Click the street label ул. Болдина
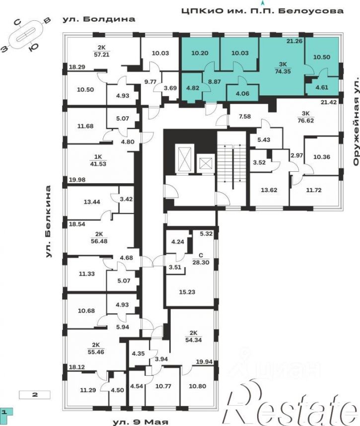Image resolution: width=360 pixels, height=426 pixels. (x=99, y=19)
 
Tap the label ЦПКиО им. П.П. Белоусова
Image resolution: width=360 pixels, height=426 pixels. (x=263, y=11)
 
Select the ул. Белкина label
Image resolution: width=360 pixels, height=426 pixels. (x=48, y=221)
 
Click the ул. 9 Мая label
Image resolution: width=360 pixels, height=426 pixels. (x=141, y=422)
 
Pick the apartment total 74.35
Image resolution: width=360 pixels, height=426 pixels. (x=283, y=71)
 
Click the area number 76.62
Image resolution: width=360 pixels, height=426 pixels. (x=306, y=120)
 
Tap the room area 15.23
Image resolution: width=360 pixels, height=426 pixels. (x=187, y=292)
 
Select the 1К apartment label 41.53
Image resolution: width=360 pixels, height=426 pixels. (x=98, y=164)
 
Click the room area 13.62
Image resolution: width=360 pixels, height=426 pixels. (x=269, y=190)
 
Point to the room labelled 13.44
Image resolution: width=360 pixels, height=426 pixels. (x=92, y=202)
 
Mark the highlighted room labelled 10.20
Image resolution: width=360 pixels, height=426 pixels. (x=200, y=53)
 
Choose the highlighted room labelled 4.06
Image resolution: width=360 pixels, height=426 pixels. (x=243, y=93)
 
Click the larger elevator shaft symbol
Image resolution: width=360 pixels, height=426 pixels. (x=183, y=159)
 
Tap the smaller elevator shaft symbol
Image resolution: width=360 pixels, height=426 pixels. (x=206, y=164)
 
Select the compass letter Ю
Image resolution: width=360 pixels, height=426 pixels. (x=33, y=47)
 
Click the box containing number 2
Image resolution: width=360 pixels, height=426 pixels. (x=34, y=395)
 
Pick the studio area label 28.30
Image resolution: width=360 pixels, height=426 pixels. (x=201, y=263)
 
